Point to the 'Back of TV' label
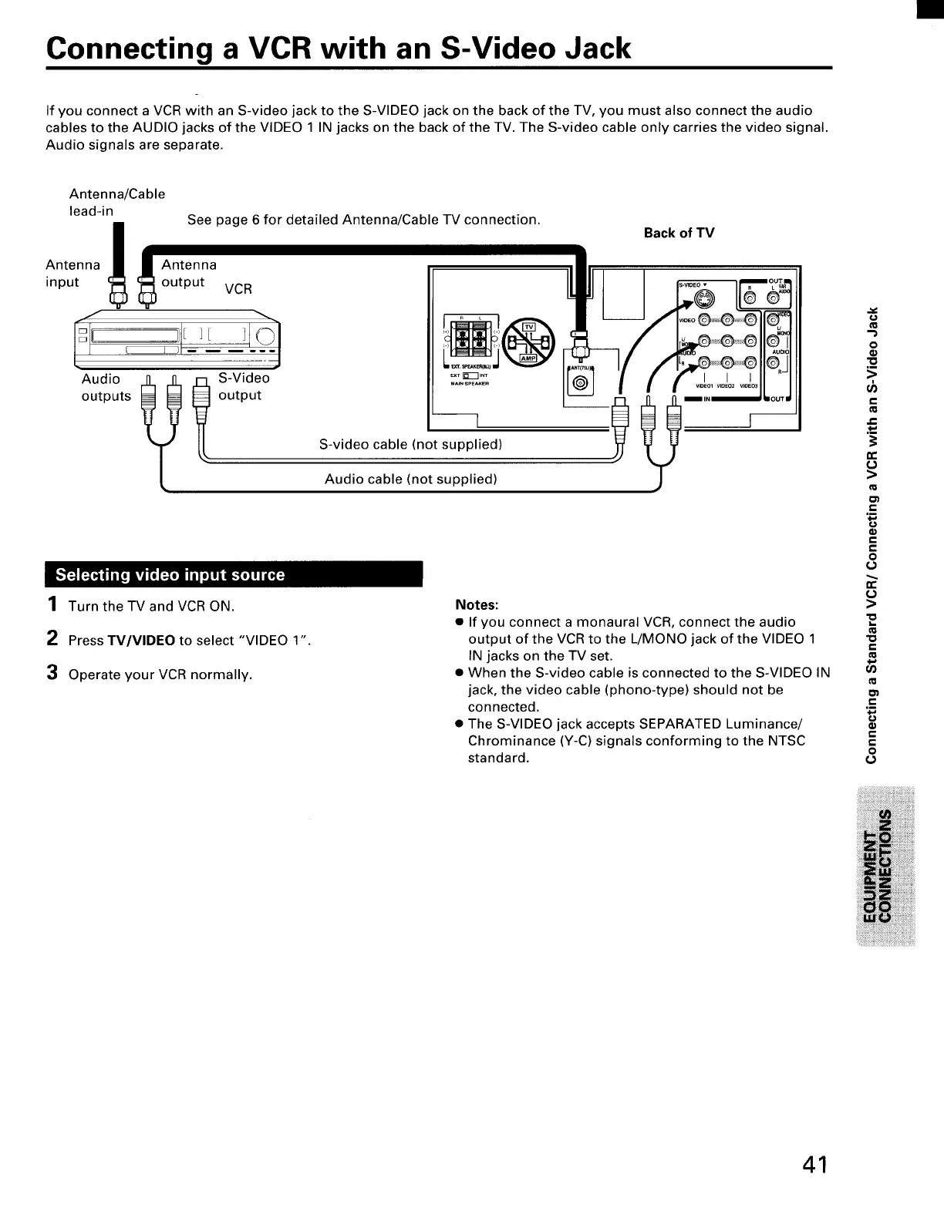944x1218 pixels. tap(679, 233)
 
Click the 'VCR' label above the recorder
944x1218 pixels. tap(238, 289)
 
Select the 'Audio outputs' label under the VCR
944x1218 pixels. tap(106, 387)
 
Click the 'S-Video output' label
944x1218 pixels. tap(243, 386)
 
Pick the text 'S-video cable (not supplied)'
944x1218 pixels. tap(410, 444)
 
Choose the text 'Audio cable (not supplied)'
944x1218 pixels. tap(410, 479)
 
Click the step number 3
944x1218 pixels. tap(52, 673)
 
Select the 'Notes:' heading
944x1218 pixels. tap(477, 604)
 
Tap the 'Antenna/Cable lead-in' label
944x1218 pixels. tap(116, 202)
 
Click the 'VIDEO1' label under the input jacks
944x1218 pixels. tap(706, 386)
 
